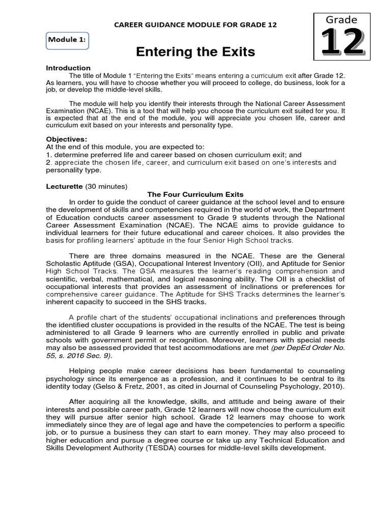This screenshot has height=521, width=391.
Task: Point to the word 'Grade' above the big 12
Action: (342, 20)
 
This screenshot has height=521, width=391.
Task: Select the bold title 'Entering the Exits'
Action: (195, 52)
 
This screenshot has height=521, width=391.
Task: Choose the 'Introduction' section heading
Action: (68, 68)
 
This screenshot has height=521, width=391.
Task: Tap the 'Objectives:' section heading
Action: (67, 139)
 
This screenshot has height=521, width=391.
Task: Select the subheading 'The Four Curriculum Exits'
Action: (195, 194)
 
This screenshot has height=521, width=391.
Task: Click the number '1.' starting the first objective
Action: (49, 155)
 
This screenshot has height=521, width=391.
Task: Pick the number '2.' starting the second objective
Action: (49, 163)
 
